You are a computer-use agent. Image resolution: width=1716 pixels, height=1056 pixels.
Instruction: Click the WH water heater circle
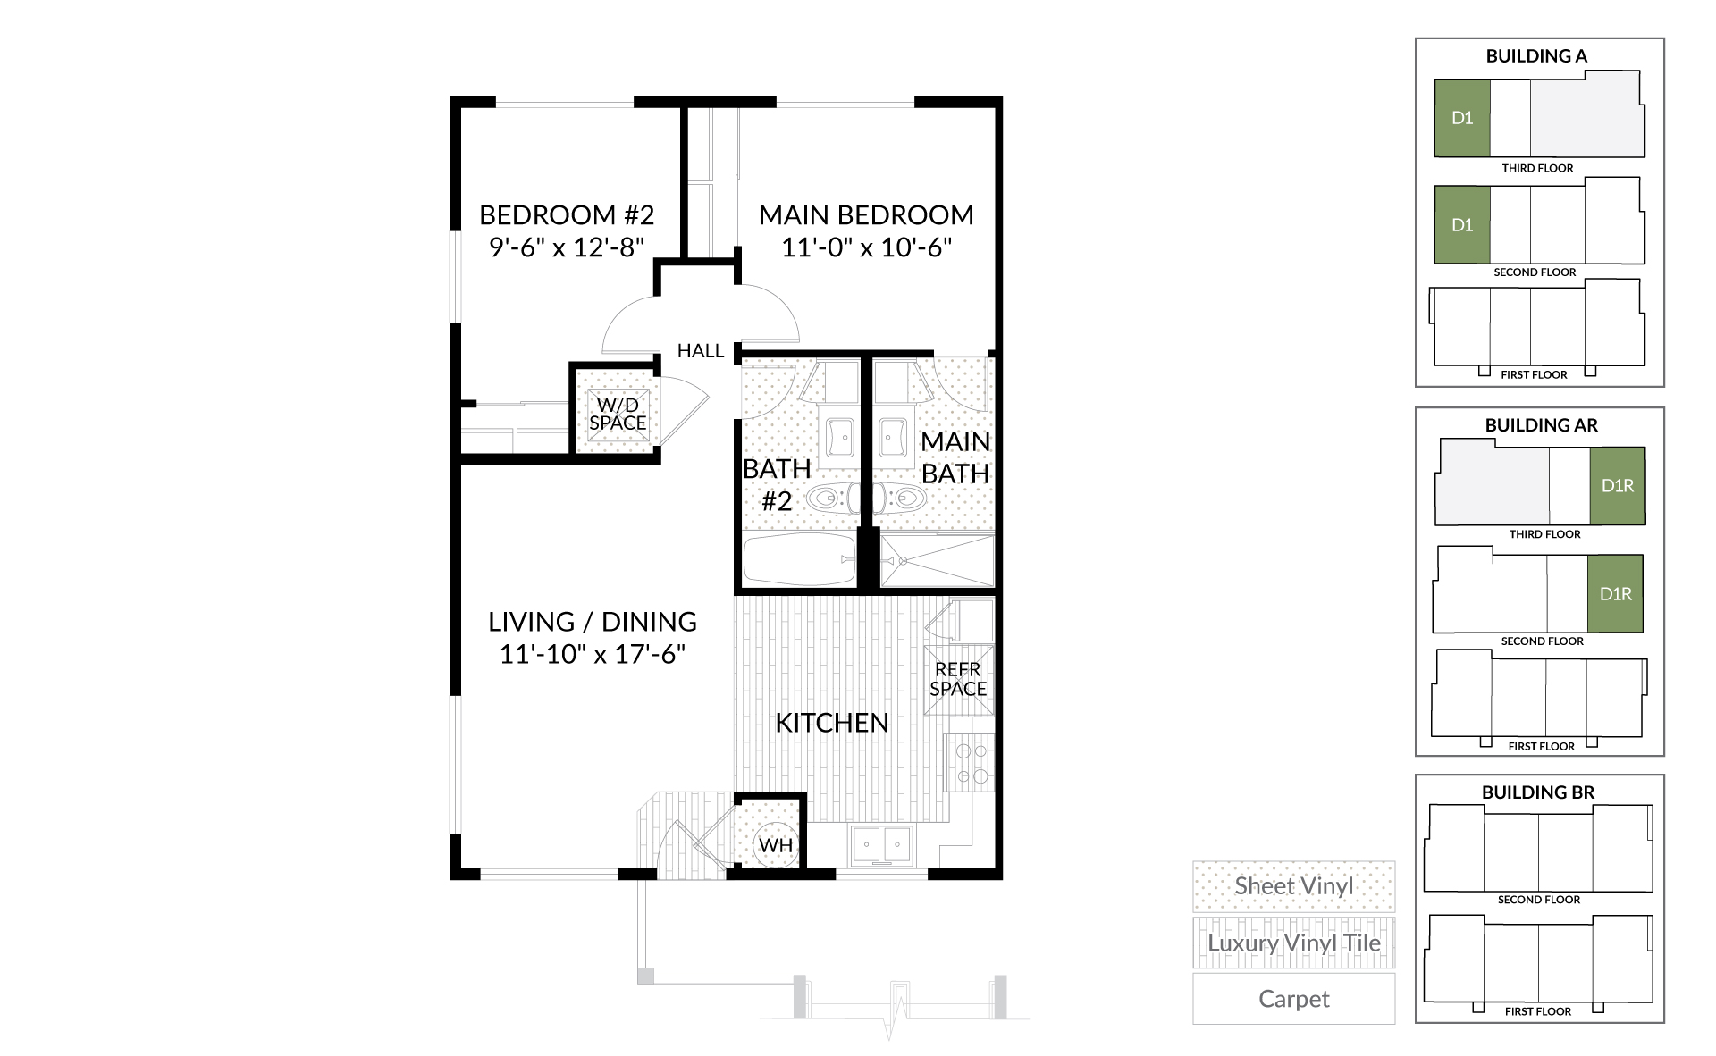776,843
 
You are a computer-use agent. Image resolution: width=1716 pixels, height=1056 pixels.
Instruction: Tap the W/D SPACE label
618,415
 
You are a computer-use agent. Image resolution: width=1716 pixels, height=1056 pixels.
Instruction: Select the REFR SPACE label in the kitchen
958,679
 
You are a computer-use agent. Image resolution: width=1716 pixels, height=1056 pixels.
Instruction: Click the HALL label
701,351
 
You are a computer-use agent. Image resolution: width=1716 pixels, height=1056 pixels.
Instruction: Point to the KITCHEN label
832,723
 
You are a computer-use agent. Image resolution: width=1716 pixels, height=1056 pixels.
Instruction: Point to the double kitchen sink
881,844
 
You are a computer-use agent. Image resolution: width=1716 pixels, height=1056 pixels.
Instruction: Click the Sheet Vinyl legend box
1293,886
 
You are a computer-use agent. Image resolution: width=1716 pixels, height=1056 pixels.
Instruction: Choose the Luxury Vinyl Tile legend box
1293,943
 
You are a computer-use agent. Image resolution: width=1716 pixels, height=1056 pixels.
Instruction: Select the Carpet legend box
1293,999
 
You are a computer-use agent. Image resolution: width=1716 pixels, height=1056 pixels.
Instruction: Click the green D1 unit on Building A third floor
1462,118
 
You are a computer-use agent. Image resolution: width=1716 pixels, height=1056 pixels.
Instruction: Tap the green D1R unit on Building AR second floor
1616,594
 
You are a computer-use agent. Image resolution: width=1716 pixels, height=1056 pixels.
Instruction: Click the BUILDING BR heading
1538,792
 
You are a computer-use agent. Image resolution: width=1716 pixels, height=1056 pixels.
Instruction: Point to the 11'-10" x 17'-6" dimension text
593,654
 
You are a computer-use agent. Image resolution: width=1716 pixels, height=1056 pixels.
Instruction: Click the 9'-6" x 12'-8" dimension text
567,247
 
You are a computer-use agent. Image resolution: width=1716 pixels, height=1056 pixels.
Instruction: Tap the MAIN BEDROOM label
866,215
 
